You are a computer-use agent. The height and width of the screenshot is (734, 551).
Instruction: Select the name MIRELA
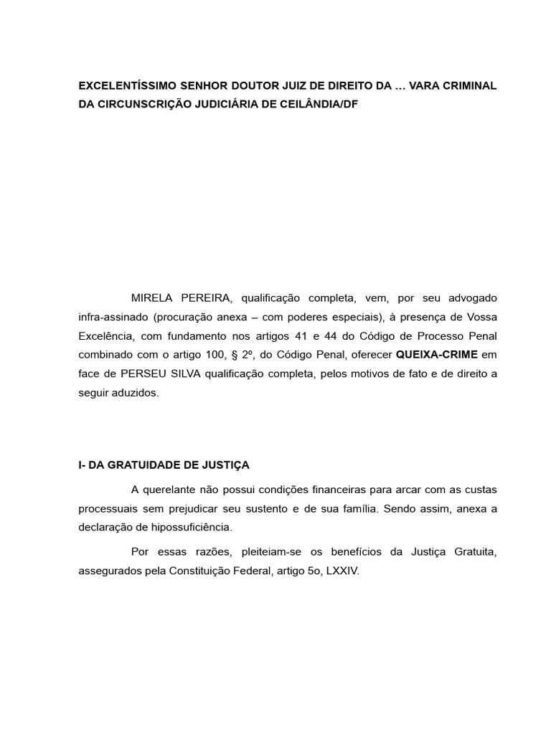153,297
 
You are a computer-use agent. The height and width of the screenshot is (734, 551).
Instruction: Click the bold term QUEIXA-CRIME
436,354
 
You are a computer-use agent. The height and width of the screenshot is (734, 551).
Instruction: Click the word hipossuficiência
194,528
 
